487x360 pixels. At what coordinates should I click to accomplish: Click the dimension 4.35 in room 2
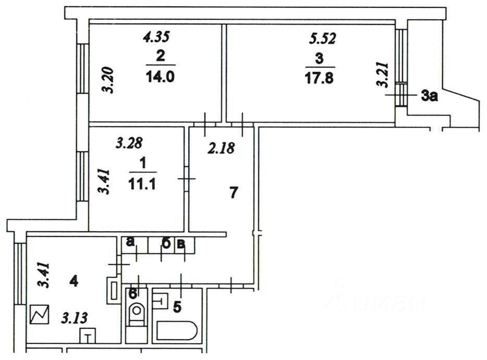(x=156, y=37)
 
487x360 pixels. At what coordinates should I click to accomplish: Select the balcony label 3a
(x=429, y=95)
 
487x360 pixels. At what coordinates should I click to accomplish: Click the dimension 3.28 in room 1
(x=128, y=142)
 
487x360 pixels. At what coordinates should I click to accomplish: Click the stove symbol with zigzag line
(x=40, y=314)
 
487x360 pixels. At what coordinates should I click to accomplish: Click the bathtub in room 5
(x=177, y=331)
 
